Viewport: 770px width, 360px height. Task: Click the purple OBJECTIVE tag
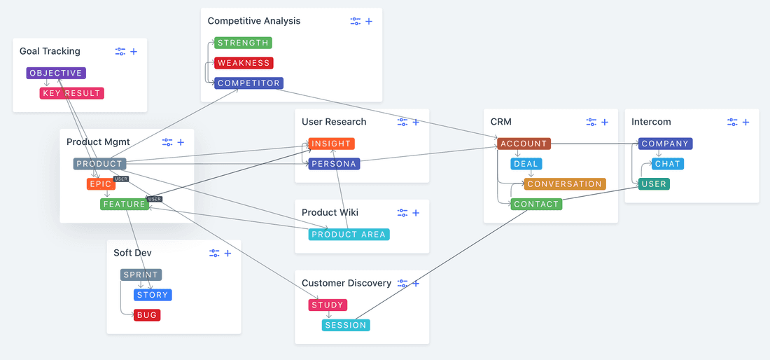56,73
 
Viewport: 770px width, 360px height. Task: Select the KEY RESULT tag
71,93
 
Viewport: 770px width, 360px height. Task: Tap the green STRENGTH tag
243,43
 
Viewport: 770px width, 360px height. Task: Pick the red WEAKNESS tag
243,63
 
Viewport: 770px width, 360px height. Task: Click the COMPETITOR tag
248,83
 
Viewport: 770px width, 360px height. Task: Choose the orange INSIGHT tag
331,144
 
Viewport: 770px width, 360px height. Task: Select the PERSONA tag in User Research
334,164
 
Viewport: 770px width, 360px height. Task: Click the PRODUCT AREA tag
349,234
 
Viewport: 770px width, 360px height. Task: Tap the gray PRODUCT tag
99,164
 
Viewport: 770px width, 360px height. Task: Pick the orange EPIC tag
101,184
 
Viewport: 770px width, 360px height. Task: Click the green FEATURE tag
124,205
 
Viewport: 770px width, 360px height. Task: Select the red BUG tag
147,315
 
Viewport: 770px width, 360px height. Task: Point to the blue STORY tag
153,295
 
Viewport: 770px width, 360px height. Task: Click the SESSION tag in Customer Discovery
346,325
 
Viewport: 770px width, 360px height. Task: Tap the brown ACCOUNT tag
524,144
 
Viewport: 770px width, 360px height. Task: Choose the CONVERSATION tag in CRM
564,184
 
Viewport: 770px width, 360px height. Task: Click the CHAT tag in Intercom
667,164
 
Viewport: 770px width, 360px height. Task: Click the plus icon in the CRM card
605,122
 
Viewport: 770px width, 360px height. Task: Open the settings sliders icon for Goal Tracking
120,51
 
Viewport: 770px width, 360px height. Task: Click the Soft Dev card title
132,253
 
